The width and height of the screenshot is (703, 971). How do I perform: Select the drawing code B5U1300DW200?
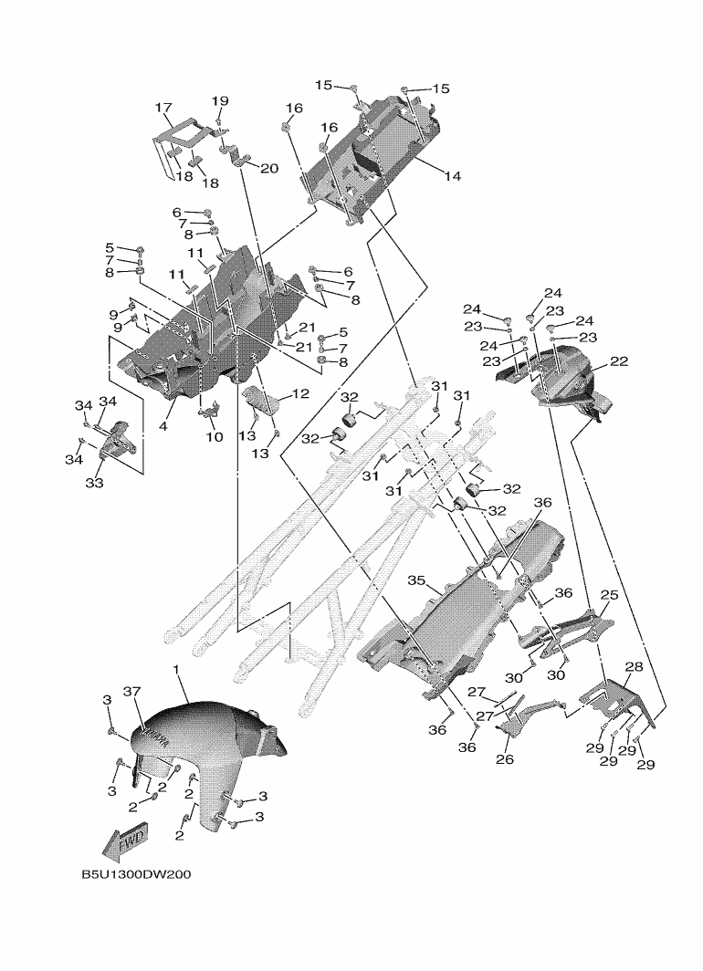coord(136,874)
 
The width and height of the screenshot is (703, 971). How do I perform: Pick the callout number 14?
coord(452,175)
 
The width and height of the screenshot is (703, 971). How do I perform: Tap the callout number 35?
coord(417,579)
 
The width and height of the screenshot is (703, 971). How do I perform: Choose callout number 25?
coord(608,595)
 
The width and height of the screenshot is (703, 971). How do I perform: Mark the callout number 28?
coord(633,667)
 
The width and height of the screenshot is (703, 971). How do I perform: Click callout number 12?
coord(299,394)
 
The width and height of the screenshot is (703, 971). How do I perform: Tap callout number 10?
coord(215,436)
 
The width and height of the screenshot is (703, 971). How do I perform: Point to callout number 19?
coord(220,100)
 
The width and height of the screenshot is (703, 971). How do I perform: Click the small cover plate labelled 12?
coord(261,402)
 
